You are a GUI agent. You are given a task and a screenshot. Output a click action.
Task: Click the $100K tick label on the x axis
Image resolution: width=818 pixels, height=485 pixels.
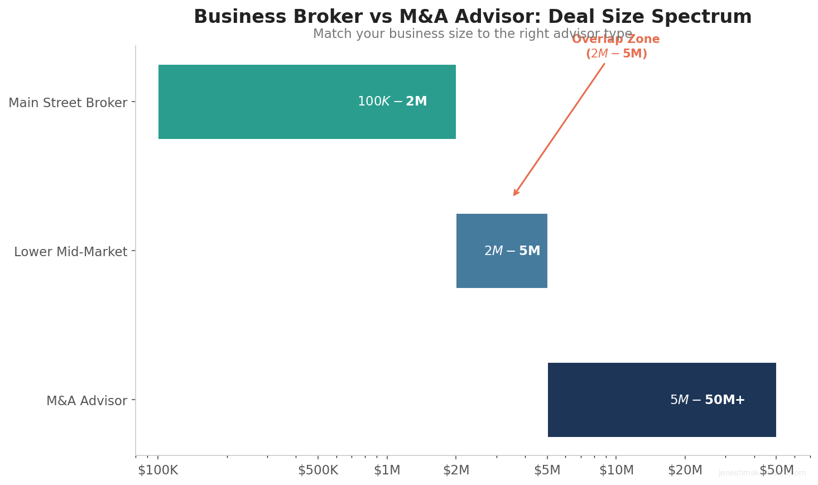pos(158,470)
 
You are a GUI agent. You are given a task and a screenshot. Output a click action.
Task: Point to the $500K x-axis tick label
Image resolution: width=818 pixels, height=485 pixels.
pos(318,470)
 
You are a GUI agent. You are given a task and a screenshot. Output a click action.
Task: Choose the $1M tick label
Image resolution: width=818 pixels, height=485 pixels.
pos(387,470)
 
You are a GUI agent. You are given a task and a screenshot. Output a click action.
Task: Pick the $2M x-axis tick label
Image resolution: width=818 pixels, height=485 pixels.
pos(456,470)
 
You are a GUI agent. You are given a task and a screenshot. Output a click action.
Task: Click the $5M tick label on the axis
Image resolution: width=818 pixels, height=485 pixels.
pos(547,470)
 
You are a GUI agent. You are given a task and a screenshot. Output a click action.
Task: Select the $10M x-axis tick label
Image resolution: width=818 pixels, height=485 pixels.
pos(617,470)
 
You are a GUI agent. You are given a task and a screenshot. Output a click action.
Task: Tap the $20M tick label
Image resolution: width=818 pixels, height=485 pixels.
pos(685,470)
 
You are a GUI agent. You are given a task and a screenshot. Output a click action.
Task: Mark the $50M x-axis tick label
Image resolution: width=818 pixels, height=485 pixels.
pos(776,470)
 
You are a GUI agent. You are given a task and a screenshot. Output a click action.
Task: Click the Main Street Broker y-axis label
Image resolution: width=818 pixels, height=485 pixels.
pos(68,103)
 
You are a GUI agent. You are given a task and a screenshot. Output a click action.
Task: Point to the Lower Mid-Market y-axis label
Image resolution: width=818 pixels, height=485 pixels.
pos(70,252)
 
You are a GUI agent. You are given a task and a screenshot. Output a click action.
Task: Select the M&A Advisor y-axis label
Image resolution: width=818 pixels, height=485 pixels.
pos(86,401)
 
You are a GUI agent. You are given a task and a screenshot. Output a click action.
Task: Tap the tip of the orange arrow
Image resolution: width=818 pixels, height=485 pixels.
pos(514,195)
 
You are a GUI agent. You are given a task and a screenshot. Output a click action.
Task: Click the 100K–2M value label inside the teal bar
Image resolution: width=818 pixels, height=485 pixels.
pos(392,102)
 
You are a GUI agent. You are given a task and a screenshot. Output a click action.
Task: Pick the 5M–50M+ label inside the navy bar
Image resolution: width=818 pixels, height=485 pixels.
pos(708,400)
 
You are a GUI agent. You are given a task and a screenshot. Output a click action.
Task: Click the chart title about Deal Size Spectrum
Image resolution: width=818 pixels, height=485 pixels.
pos(473,17)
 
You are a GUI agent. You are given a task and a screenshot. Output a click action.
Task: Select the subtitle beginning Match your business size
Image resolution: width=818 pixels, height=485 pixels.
pos(473,34)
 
